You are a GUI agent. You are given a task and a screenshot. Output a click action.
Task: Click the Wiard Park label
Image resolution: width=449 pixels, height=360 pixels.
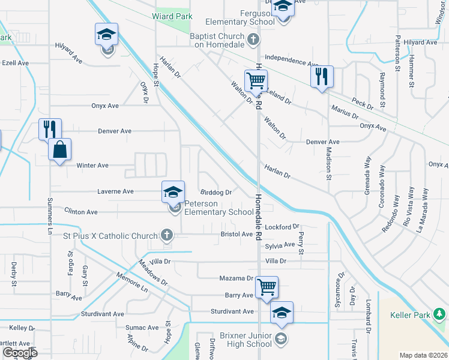tap(172, 17)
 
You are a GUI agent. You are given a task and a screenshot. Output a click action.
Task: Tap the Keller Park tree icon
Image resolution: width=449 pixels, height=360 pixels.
tap(441, 314)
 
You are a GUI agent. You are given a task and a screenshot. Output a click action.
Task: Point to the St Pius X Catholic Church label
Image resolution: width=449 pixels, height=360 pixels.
tap(110, 236)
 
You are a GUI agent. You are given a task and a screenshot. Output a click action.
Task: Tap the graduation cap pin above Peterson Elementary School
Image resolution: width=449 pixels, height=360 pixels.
tap(173, 193)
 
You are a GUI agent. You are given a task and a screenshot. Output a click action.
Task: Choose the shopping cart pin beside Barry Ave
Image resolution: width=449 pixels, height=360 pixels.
tap(267, 287)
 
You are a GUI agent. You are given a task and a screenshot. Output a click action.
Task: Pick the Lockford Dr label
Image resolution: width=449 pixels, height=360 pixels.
tap(282, 227)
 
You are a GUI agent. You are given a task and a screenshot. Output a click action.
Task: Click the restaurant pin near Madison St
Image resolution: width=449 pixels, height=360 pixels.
tap(322, 76)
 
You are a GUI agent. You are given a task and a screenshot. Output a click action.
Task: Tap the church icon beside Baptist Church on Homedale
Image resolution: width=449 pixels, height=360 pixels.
tap(253, 40)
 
